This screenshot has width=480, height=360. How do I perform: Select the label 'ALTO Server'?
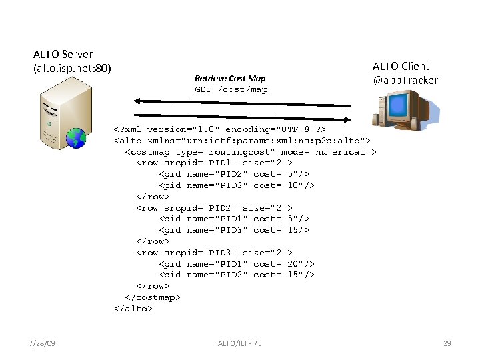pos(63,54)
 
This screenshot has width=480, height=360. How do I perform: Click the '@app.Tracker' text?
pos(405,80)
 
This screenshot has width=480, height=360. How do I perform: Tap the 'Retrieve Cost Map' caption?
pos(230,79)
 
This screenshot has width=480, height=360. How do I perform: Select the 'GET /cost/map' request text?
pos(231,89)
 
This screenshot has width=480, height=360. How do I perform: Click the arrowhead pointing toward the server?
pos(137,101)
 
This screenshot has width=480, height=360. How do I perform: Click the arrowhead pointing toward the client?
pos(347,119)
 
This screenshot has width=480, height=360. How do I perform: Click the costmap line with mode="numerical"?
pos(251,152)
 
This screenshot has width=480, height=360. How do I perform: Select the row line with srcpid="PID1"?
pos(214,163)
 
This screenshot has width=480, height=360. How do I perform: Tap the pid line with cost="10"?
pos(237,185)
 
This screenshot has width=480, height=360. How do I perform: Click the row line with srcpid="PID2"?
pos(214,207)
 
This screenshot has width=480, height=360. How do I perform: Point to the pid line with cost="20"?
pos(237,263)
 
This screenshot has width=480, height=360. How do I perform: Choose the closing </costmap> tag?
pos(153,297)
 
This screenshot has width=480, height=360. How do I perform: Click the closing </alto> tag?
pos(133,309)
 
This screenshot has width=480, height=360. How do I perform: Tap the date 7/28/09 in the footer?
pos(43,343)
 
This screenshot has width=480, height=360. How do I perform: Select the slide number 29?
pos(447,343)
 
